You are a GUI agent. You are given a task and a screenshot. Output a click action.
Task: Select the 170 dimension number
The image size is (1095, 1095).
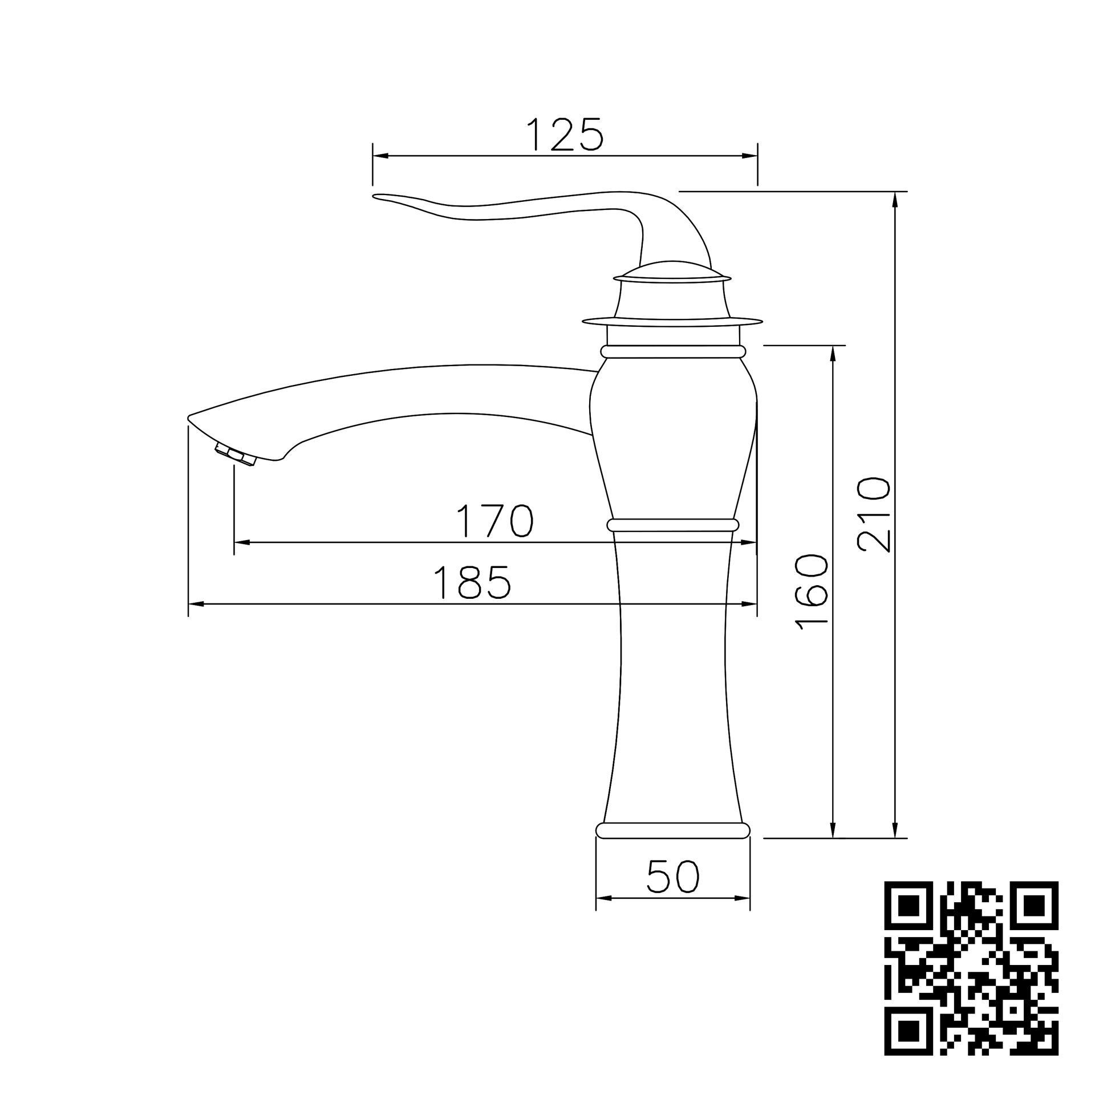[495, 521]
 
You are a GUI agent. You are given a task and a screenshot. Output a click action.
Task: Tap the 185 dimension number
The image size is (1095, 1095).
[472, 582]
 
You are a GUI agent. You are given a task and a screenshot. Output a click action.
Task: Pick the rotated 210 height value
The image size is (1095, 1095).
[873, 514]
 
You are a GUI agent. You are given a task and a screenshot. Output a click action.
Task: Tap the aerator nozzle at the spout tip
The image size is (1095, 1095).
[236, 456]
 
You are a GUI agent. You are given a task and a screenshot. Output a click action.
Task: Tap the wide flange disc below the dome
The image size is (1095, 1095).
[673, 322]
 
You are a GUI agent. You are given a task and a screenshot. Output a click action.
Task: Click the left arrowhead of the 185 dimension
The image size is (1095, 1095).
[194, 604]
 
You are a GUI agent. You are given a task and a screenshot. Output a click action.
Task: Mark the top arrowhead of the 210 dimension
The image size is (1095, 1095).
[895, 197]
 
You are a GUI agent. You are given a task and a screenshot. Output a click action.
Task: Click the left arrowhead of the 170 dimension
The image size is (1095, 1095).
[240, 542]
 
